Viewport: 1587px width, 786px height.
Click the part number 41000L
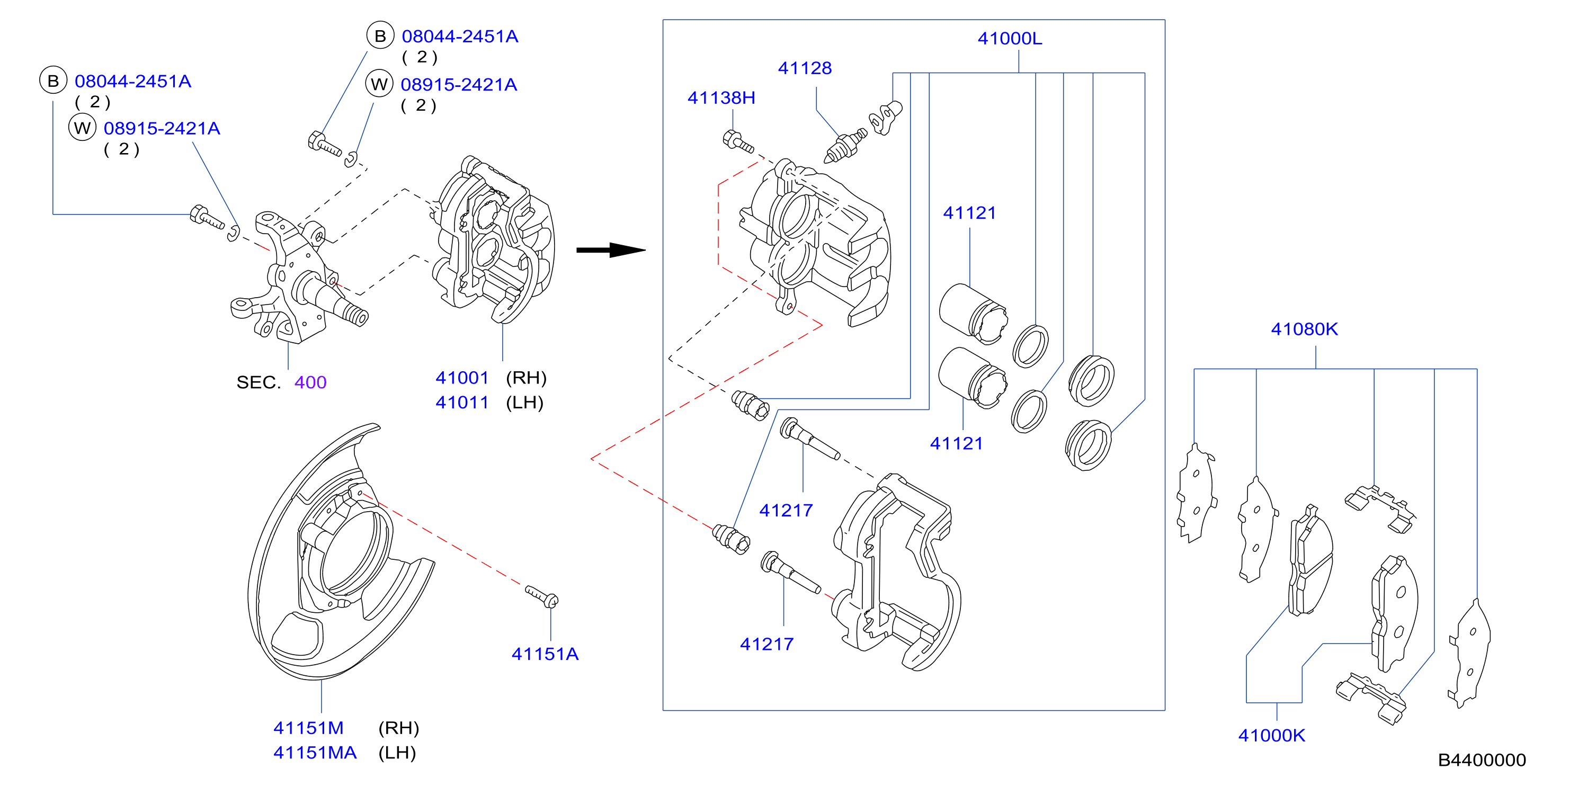click(x=1010, y=39)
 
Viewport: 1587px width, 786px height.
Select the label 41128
click(x=805, y=68)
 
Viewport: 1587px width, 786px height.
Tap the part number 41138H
click(x=721, y=98)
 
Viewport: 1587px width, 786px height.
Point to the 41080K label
click(x=1304, y=329)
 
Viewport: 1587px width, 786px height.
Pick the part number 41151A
click(x=545, y=654)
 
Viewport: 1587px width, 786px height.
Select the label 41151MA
click(x=315, y=753)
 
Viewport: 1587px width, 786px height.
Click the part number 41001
click(x=462, y=378)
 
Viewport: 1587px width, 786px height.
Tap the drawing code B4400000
click(x=1482, y=760)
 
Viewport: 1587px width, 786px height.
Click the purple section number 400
click(x=310, y=382)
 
